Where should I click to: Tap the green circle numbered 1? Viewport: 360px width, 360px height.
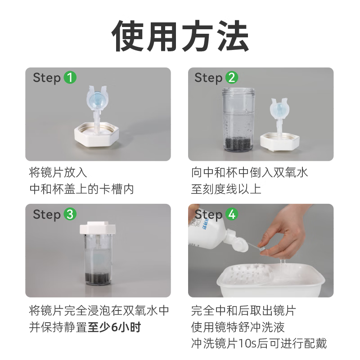(x=70, y=78)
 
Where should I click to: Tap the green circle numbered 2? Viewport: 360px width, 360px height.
(x=231, y=78)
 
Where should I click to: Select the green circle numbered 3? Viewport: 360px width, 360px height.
(x=70, y=214)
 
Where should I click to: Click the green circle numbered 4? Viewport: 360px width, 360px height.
(x=231, y=214)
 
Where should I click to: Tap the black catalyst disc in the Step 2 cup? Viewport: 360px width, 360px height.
(x=238, y=143)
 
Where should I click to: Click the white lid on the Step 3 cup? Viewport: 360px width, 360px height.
(x=98, y=229)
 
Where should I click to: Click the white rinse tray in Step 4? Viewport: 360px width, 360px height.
(x=261, y=279)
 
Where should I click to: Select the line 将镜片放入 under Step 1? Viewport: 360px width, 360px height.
(x=58, y=172)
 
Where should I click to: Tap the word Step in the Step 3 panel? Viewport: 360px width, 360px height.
(x=46, y=214)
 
